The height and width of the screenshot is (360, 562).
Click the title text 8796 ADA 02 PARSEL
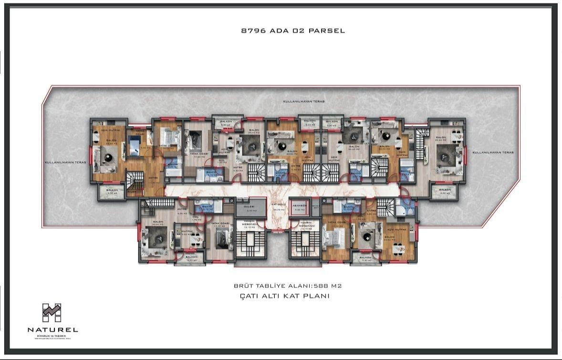point(293,31)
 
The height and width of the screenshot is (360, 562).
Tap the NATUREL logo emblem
point(52,313)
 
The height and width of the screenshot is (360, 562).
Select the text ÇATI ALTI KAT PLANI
point(284,296)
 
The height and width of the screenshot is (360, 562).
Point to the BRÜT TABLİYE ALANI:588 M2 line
point(288,286)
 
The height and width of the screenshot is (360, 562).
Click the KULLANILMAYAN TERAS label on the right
point(492,153)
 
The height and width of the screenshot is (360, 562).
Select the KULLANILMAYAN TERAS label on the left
point(65,162)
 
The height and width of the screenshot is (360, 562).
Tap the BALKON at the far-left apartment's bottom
point(111,192)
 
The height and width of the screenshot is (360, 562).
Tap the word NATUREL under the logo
point(52,329)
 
